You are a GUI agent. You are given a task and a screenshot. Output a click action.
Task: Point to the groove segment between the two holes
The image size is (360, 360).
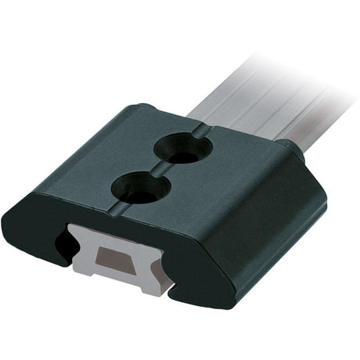pyautogui.click(x=160, y=170)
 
